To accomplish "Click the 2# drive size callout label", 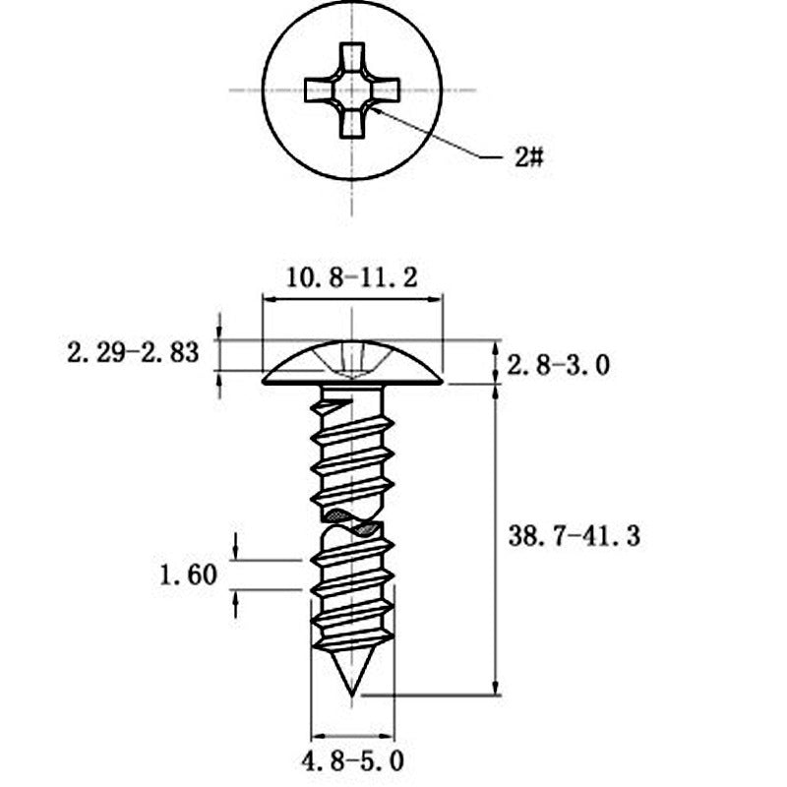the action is (529, 157).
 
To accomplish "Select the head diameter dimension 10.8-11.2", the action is (351, 277).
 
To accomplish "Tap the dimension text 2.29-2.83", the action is (133, 352).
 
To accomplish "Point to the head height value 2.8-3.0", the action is (558, 365).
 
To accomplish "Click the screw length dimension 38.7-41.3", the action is (575, 535).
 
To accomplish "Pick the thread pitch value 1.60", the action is (188, 575).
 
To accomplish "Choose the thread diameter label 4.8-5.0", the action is (352, 761).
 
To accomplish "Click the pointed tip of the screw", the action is (352, 696).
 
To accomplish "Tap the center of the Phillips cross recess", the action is (352, 91).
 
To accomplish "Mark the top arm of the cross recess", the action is (352, 58).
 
